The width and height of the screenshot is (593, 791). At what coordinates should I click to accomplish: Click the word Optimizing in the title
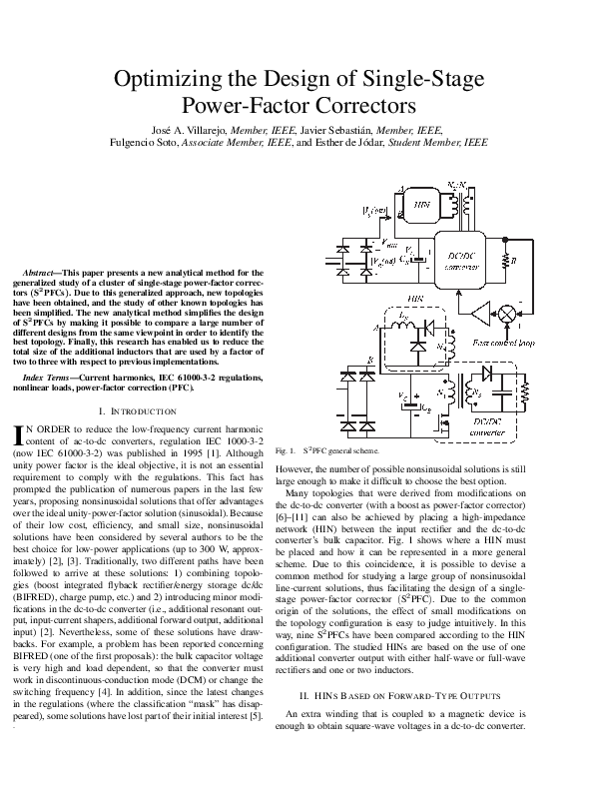coord(163,80)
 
